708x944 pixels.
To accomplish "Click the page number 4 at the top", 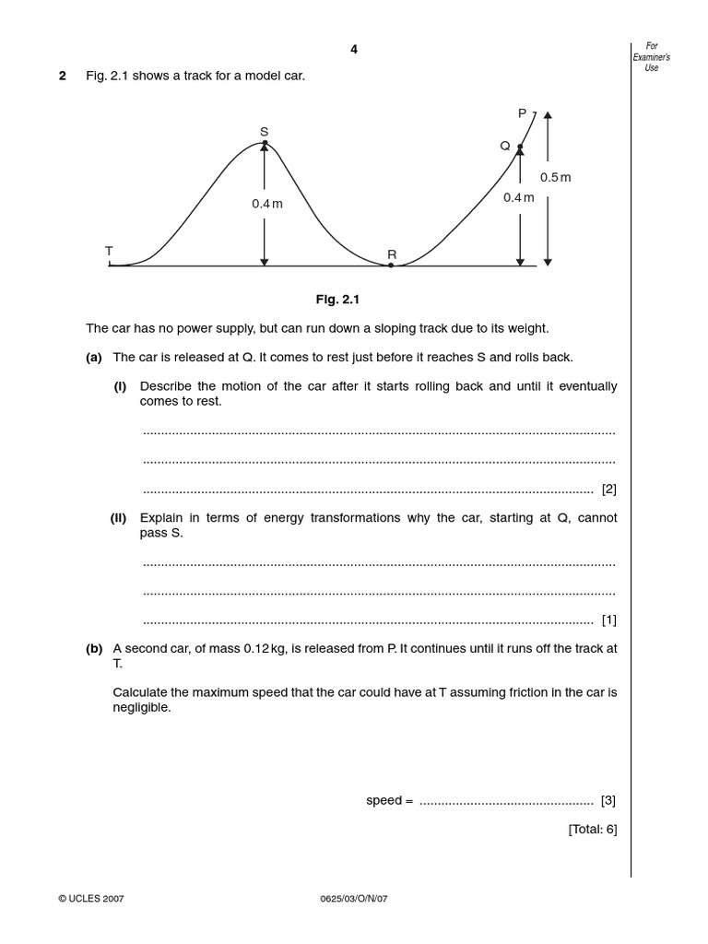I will [x=354, y=50].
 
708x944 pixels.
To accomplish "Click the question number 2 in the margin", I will [x=63, y=76].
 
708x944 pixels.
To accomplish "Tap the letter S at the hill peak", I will [x=264, y=132].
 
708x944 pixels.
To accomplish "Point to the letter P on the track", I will [x=522, y=113].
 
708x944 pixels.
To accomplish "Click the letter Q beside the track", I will [x=505, y=146].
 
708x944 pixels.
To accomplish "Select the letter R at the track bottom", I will [x=392, y=254].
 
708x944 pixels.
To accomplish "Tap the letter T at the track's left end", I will [x=109, y=251].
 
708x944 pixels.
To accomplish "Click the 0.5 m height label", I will [x=556, y=177].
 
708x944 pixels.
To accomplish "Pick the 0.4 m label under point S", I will [x=267, y=204].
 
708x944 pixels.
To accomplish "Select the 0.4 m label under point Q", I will [x=518, y=197].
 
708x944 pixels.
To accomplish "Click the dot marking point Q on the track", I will [x=520, y=147].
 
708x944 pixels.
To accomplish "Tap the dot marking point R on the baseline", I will [x=391, y=265].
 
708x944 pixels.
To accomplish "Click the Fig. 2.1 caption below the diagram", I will [x=335, y=300].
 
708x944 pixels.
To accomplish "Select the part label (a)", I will [x=94, y=357].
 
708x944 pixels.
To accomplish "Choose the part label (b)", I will [x=94, y=648].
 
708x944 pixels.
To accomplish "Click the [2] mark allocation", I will [x=608, y=489].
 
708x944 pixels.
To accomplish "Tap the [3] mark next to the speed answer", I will [x=608, y=800].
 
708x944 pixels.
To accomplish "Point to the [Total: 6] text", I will [x=593, y=829].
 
